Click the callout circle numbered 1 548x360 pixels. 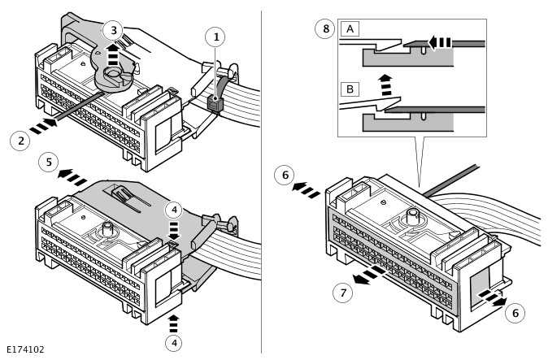coord(215,37)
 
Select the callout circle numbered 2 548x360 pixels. coord(20,141)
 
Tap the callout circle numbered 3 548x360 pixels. coord(114,31)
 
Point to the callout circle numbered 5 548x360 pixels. coord(49,163)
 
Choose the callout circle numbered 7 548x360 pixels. coord(342,293)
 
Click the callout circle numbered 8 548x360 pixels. coord(325,28)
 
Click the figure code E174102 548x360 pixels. coord(24,349)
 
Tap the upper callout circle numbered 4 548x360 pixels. coord(174,210)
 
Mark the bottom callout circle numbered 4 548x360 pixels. coord(174,343)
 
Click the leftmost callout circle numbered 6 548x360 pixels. coord(284,174)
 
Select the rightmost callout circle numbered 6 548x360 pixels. coord(514,313)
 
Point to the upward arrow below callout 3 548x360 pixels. coord(113,57)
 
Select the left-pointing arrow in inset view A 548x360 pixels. coord(439,41)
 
